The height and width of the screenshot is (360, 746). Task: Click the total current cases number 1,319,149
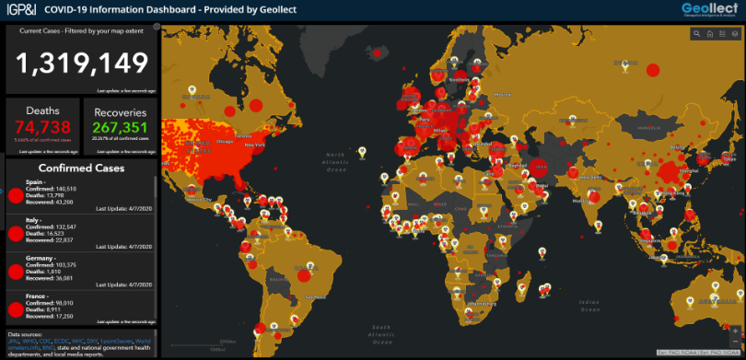click(82, 63)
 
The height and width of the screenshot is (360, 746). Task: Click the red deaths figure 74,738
click(43, 127)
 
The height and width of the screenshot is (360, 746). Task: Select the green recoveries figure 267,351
click(121, 127)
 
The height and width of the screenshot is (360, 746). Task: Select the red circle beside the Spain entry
click(15, 195)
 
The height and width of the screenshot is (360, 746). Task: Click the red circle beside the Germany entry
click(15, 272)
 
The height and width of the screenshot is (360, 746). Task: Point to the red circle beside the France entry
click(15, 309)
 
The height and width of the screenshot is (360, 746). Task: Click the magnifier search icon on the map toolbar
click(698, 35)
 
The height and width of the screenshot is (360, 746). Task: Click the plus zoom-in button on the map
click(734, 329)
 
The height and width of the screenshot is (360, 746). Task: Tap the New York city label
click(253, 145)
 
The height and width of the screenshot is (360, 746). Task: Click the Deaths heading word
click(43, 110)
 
